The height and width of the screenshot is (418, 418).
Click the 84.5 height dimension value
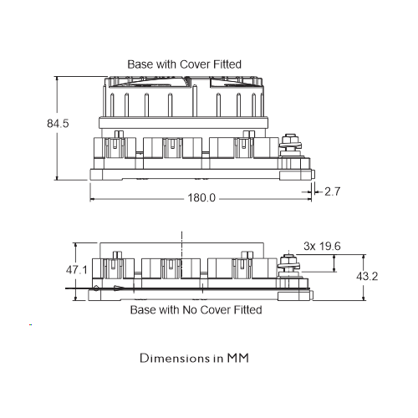[x=58, y=124]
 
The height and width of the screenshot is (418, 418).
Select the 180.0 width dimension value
[x=201, y=198]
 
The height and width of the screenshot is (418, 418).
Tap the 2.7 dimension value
[x=332, y=191]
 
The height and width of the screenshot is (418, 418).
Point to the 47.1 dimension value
[x=77, y=270]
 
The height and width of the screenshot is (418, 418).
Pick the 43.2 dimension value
[x=367, y=276]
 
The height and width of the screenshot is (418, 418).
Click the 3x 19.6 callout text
[x=322, y=246]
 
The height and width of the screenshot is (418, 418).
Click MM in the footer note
[x=237, y=358]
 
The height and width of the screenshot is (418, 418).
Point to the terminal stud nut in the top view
[x=290, y=139]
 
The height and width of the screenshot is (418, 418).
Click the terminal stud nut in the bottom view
[x=288, y=258]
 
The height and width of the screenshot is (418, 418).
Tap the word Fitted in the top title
[x=227, y=64]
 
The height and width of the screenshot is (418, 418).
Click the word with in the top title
[x=166, y=64]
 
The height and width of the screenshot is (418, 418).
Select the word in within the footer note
[x=218, y=358]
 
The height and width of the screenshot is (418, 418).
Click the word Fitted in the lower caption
[x=247, y=310]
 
